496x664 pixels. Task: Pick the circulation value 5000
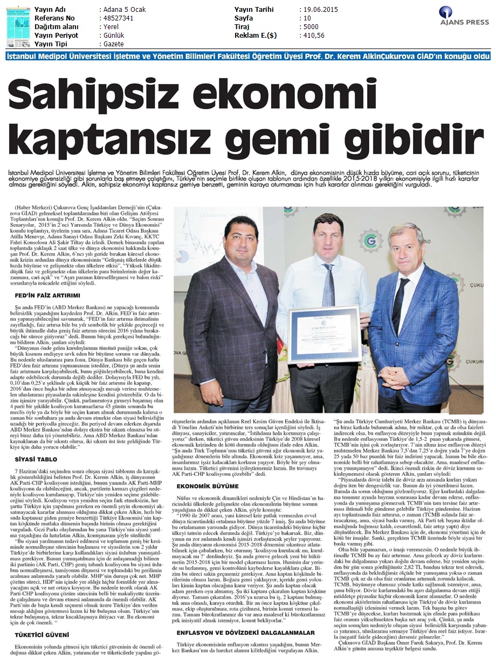point(311,27)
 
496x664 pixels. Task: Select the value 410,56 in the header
point(314,36)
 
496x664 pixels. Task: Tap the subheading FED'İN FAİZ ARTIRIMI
point(47,296)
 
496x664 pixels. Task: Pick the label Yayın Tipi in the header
point(52,44)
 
